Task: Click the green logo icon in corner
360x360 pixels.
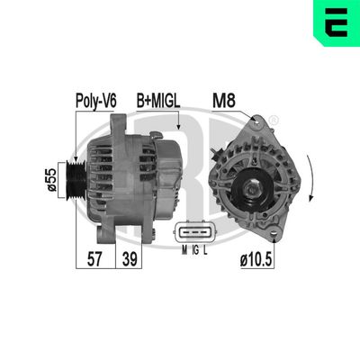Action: pos(336,24)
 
